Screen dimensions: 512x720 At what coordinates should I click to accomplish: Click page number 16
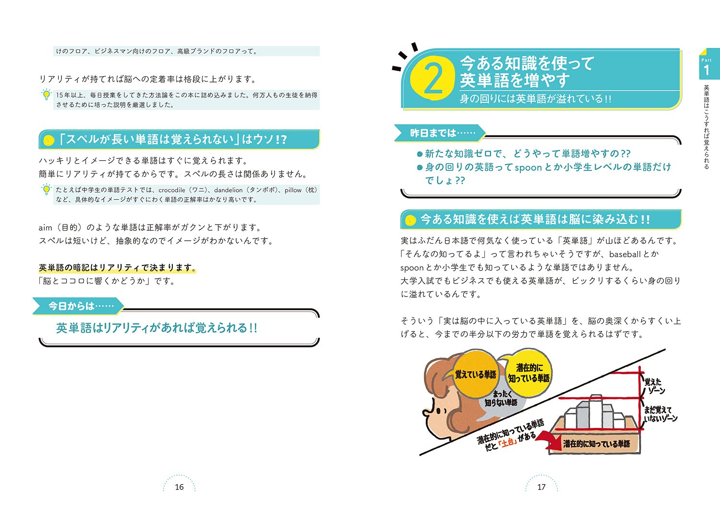(179, 487)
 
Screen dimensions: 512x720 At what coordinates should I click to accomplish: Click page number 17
(541, 487)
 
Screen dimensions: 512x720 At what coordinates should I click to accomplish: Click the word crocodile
(171, 190)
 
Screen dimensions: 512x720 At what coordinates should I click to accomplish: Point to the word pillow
(293, 190)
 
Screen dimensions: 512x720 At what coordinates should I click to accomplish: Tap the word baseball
(624, 254)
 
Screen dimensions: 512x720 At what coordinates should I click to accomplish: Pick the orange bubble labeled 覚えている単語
(475, 374)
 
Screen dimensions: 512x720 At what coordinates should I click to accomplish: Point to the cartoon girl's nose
(426, 412)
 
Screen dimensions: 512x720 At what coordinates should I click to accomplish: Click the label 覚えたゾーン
(654, 386)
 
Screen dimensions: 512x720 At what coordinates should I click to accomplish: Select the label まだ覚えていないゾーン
(660, 414)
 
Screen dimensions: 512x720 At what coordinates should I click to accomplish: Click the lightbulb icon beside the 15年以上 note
(46, 95)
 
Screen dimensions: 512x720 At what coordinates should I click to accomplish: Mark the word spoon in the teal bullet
(528, 167)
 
